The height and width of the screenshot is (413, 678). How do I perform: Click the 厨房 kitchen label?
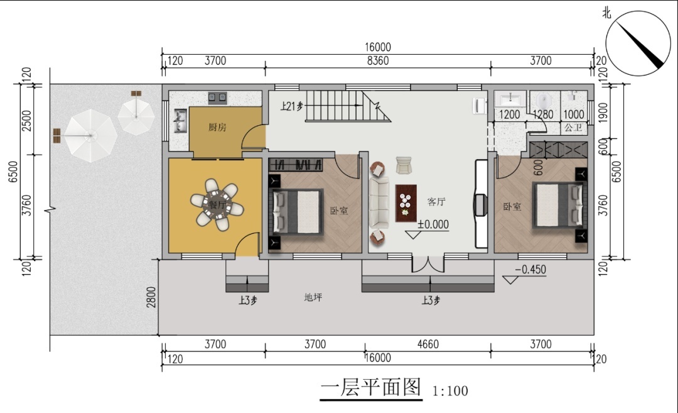(x=217, y=127)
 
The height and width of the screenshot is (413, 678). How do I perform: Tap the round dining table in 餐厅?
(x=217, y=204)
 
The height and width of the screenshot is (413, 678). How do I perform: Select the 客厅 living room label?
(x=436, y=202)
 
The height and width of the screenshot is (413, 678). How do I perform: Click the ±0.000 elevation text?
(x=433, y=224)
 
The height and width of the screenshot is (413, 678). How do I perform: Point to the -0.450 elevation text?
(x=530, y=269)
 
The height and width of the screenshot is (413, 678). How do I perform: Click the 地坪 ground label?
(x=313, y=297)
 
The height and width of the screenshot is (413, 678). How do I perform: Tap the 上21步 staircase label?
(x=292, y=106)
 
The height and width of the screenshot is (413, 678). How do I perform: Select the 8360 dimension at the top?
(x=378, y=60)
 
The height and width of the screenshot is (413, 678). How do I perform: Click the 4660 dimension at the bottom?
(x=428, y=344)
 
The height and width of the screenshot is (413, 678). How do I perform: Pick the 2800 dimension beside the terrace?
(x=151, y=297)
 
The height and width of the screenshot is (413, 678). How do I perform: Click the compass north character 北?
(x=606, y=13)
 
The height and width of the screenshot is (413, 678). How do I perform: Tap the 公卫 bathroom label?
(x=573, y=128)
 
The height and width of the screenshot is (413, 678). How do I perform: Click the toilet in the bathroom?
(x=544, y=102)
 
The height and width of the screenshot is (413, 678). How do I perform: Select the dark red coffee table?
(x=406, y=204)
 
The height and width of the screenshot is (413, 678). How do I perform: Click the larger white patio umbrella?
(x=91, y=136)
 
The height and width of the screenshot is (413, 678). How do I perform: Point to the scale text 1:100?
(x=450, y=391)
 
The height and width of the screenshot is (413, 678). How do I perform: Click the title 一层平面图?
(x=371, y=387)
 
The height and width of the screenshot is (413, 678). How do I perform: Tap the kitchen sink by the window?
(x=180, y=121)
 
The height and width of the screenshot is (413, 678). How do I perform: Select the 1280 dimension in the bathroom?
(x=542, y=114)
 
